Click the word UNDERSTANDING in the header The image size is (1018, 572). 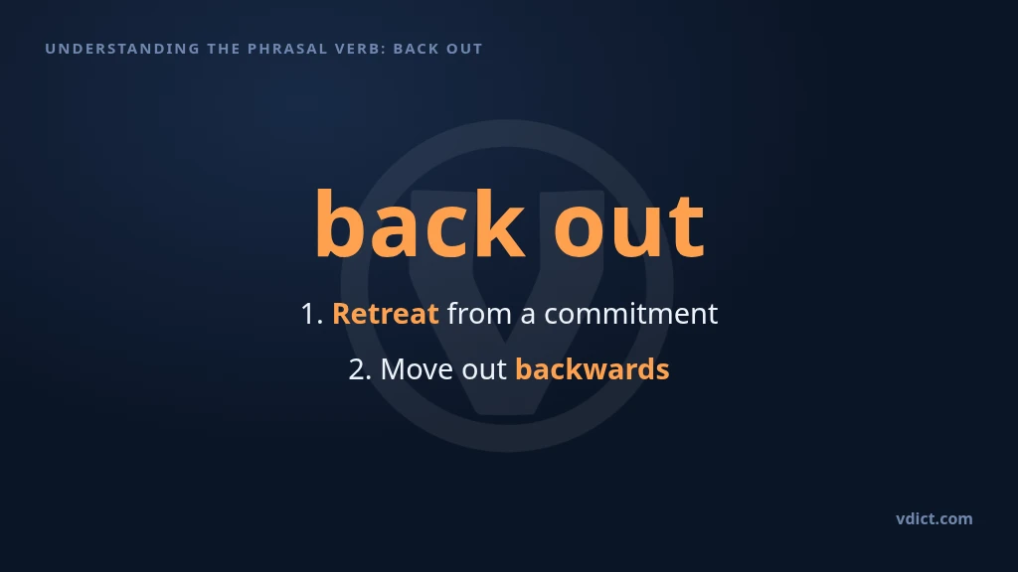click(x=122, y=49)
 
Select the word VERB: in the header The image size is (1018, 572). click(x=360, y=49)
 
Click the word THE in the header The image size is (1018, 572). click(x=224, y=49)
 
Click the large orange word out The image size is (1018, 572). click(x=628, y=227)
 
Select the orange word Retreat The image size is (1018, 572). click(x=386, y=314)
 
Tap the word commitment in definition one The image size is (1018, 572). click(x=631, y=314)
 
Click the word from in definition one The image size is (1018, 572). click(x=479, y=313)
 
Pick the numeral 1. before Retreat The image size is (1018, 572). click(x=312, y=314)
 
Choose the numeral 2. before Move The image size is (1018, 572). click(x=360, y=369)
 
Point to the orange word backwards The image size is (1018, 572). click(x=593, y=369)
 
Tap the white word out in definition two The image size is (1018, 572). click(x=484, y=370)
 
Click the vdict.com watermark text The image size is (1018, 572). click(x=934, y=518)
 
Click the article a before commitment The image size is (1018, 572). click(x=528, y=316)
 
